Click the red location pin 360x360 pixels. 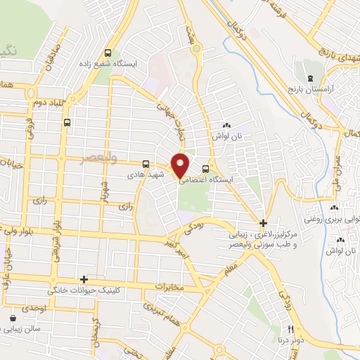click(181, 165)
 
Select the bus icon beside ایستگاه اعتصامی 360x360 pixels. click(205, 169)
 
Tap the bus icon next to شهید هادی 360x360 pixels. click(146, 163)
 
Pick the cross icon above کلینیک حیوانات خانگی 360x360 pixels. click(84, 279)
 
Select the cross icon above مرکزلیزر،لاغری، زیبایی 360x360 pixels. click(262, 222)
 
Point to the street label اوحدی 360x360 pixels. click(34, 309)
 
